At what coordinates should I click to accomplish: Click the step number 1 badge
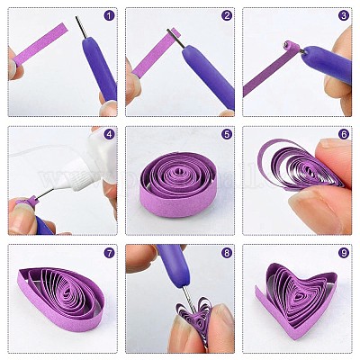tap(109, 16)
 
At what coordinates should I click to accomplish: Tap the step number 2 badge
tap(227, 16)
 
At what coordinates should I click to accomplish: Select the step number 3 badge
tap(344, 16)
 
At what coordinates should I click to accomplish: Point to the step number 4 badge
tap(109, 134)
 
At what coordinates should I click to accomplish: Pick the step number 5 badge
tap(227, 134)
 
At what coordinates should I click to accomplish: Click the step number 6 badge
tap(344, 134)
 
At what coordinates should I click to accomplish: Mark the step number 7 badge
tap(109, 253)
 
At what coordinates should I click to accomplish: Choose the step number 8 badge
tap(227, 253)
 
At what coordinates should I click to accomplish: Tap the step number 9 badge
tap(344, 253)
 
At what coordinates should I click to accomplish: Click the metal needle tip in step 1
tap(76, 17)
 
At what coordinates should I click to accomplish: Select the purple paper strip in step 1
tap(40, 45)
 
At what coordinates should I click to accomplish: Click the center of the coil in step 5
tap(180, 173)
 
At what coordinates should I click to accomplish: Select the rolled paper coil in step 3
tap(291, 46)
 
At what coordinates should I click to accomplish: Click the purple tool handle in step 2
tap(209, 76)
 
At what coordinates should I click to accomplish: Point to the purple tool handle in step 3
tap(327, 64)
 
